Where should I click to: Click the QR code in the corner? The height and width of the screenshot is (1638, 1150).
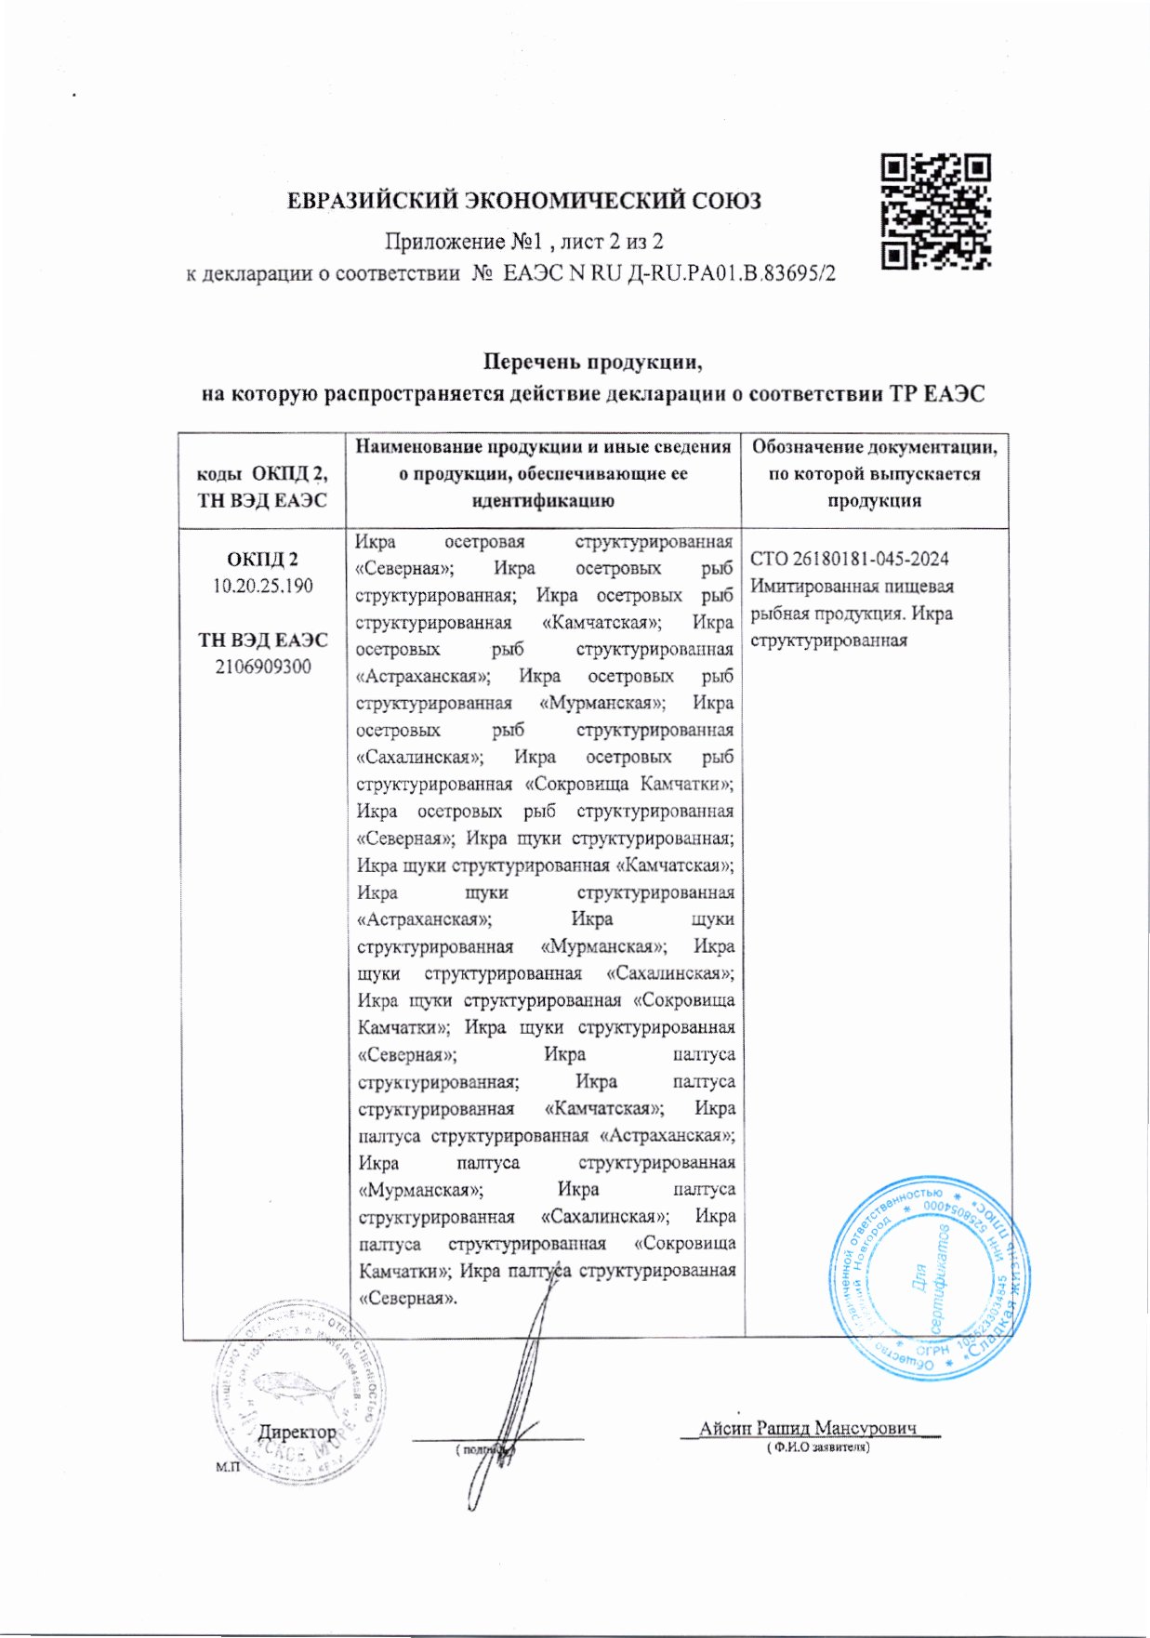[935, 212]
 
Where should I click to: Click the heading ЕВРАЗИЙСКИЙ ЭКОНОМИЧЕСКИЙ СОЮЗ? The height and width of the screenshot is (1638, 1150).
[523, 201]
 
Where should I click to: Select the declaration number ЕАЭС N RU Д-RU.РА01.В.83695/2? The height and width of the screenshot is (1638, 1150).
[669, 273]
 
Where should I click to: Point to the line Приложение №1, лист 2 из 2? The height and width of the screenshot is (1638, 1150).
[524, 242]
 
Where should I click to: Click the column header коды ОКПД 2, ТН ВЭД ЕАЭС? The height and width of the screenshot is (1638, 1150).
[262, 486]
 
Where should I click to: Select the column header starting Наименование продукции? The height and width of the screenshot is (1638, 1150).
[543, 473]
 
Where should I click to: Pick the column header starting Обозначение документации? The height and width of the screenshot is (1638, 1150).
[874, 473]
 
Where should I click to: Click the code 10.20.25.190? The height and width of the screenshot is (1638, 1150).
[262, 587]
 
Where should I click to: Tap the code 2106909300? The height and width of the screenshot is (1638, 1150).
[262, 667]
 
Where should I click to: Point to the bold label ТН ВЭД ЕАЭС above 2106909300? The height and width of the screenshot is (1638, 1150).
[262, 640]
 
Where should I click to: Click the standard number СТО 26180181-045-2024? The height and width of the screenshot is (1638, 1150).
[849, 559]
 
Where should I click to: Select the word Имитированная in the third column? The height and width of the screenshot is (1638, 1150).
[804, 587]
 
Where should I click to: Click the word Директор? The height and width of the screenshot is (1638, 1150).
[297, 1432]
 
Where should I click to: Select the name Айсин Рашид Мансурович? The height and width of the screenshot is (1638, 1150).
[807, 1427]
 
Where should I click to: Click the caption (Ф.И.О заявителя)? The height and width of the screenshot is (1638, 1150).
[817, 1447]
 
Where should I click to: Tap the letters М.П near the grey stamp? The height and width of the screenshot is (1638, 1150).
[227, 1466]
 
